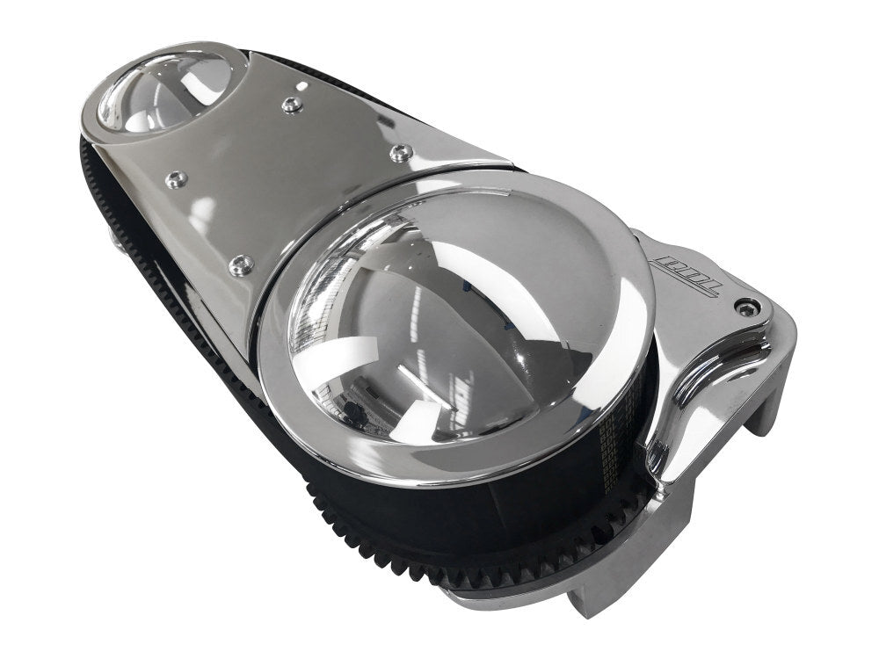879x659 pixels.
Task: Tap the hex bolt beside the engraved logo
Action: (748, 307)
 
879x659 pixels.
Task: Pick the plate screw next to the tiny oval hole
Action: (292, 105)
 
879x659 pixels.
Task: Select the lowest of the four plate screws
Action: (239, 263)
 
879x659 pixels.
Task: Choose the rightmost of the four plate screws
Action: (401, 153)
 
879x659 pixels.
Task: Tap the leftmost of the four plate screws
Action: (176, 178)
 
